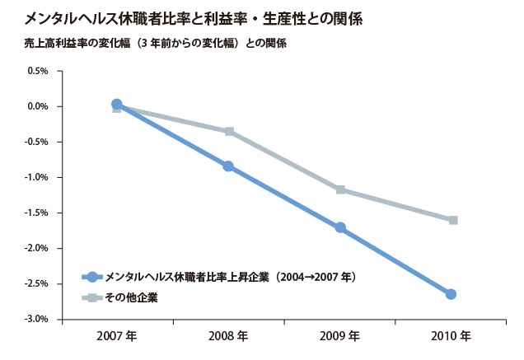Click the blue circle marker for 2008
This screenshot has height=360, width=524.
click(x=228, y=166)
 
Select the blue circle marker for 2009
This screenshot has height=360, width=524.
click(x=340, y=227)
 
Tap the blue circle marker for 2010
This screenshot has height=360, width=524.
click(x=451, y=294)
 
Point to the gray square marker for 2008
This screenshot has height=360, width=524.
click(x=229, y=131)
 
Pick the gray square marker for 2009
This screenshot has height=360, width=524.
click(x=340, y=189)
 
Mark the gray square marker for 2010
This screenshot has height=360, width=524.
click(x=452, y=220)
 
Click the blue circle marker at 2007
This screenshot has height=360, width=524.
click(x=116, y=105)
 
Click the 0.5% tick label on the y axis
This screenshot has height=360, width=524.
click(x=38, y=71)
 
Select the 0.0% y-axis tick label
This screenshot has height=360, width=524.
click(x=38, y=106)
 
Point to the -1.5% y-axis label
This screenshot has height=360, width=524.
click(x=37, y=213)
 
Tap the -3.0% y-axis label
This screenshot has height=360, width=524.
click(x=37, y=319)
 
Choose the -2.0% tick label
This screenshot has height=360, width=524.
click(x=37, y=248)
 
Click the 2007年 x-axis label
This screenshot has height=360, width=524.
click(x=116, y=337)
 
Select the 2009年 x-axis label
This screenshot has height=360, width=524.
click(x=339, y=337)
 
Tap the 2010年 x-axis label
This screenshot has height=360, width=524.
click(x=451, y=337)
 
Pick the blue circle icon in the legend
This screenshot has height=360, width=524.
click(x=92, y=278)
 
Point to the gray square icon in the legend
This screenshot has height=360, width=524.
click(x=92, y=297)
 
